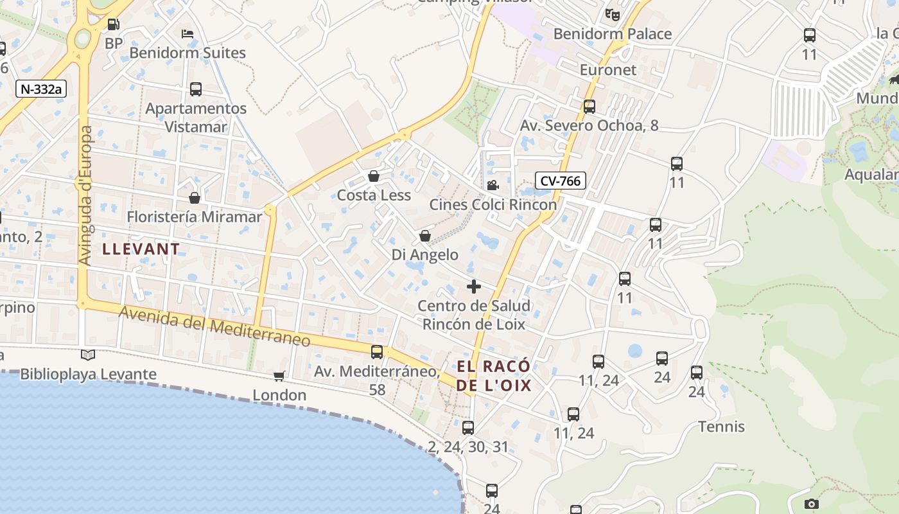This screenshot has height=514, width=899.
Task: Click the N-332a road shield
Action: [41, 89]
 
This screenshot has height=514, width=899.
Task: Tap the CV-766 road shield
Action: [560, 181]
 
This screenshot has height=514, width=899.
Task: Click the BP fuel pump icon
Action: [113, 25]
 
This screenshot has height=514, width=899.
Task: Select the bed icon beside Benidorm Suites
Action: [188, 33]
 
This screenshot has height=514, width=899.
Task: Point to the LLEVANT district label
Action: [141, 249]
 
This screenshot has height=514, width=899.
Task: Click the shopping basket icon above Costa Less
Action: [374, 176]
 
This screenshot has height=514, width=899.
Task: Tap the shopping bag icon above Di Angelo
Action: [424, 236]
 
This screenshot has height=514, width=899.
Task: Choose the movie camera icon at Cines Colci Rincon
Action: [493, 186]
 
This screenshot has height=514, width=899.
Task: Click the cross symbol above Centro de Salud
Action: [474, 287]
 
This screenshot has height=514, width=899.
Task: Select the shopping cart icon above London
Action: [279, 376]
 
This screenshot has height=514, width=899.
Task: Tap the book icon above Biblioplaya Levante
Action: [88, 355]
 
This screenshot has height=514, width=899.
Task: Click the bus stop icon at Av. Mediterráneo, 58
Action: [377, 352]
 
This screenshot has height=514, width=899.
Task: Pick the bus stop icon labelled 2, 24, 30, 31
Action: [468, 428]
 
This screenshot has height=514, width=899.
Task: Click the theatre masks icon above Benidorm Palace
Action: [612, 14]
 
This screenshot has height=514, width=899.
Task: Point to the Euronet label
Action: [607, 69]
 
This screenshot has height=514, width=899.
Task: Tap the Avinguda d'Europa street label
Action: [86, 195]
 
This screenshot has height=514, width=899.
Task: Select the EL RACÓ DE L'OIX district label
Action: [494, 376]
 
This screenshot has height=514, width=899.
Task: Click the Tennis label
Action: [721, 427]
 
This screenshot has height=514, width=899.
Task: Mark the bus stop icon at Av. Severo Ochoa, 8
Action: [589, 107]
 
